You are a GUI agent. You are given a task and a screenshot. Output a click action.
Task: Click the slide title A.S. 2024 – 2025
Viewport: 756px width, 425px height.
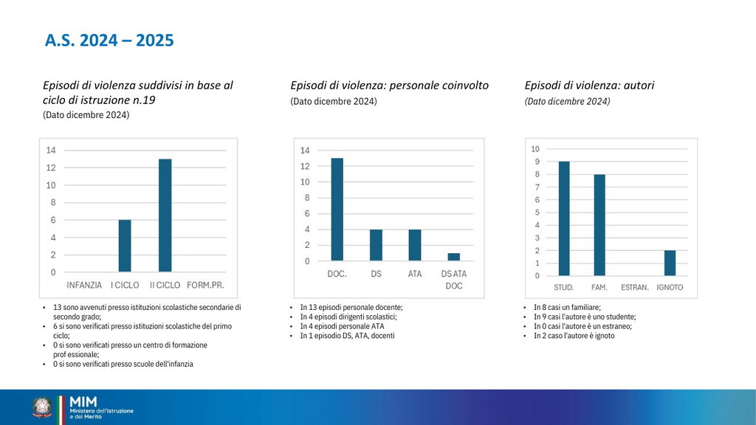(x=109, y=41)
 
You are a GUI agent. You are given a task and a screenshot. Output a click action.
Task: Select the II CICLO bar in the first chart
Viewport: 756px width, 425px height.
(x=165, y=215)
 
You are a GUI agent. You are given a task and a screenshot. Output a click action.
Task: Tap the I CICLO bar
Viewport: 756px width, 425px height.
(x=125, y=246)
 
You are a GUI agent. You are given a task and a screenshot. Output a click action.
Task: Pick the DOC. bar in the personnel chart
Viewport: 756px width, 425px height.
(x=337, y=209)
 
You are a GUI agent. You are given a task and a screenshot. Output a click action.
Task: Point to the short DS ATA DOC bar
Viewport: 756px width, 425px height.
(x=454, y=257)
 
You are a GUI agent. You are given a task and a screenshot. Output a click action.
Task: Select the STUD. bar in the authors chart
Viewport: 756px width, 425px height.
(x=564, y=218)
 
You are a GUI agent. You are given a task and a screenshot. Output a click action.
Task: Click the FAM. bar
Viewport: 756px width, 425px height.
(x=600, y=225)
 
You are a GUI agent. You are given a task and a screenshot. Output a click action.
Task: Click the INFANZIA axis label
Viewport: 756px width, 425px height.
(x=85, y=285)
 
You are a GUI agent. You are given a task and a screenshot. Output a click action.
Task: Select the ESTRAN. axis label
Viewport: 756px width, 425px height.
(x=635, y=287)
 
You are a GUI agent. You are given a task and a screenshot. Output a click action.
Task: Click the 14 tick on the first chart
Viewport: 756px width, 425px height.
(x=51, y=151)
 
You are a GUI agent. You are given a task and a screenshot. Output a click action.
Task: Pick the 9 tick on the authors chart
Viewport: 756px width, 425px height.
(x=537, y=162)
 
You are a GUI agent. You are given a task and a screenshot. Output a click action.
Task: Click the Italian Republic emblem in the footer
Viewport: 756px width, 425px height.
(x=43, y=407)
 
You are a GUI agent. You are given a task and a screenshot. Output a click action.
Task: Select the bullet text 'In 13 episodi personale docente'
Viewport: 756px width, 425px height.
(x=351, y=307)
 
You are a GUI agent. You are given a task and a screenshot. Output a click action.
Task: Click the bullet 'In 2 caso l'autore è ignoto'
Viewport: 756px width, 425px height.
(x=574, y=336)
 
